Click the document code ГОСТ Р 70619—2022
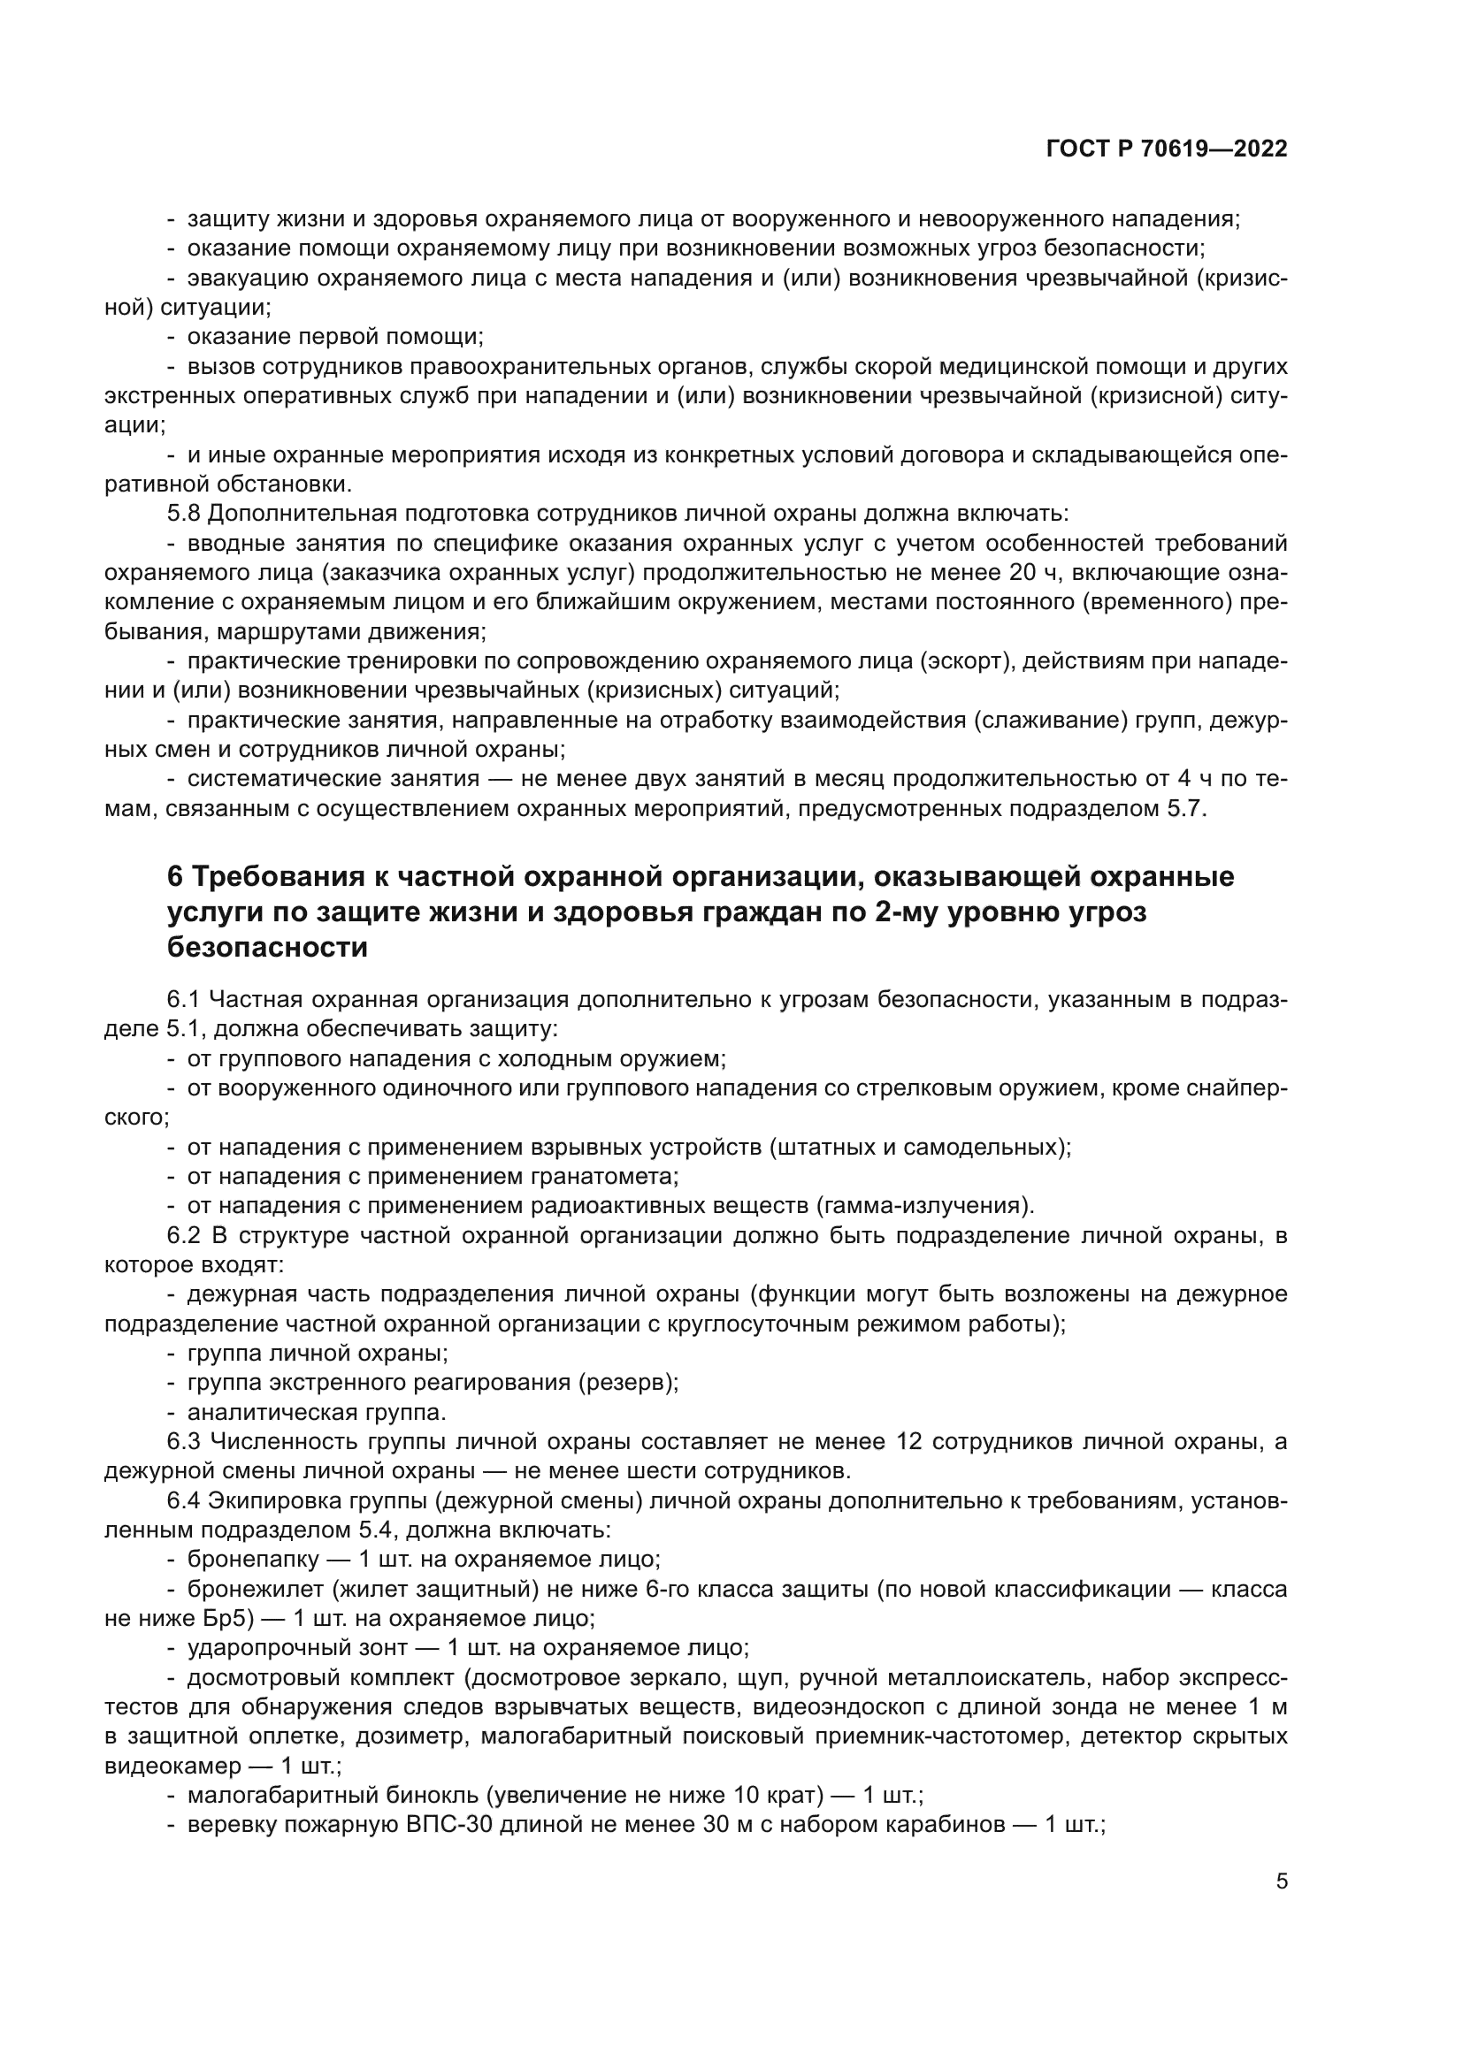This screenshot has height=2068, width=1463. coord(1167,149)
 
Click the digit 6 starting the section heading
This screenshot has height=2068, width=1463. coord(176,876)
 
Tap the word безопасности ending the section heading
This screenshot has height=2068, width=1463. coord(267,948)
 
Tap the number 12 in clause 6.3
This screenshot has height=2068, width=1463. coord(911,1441)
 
